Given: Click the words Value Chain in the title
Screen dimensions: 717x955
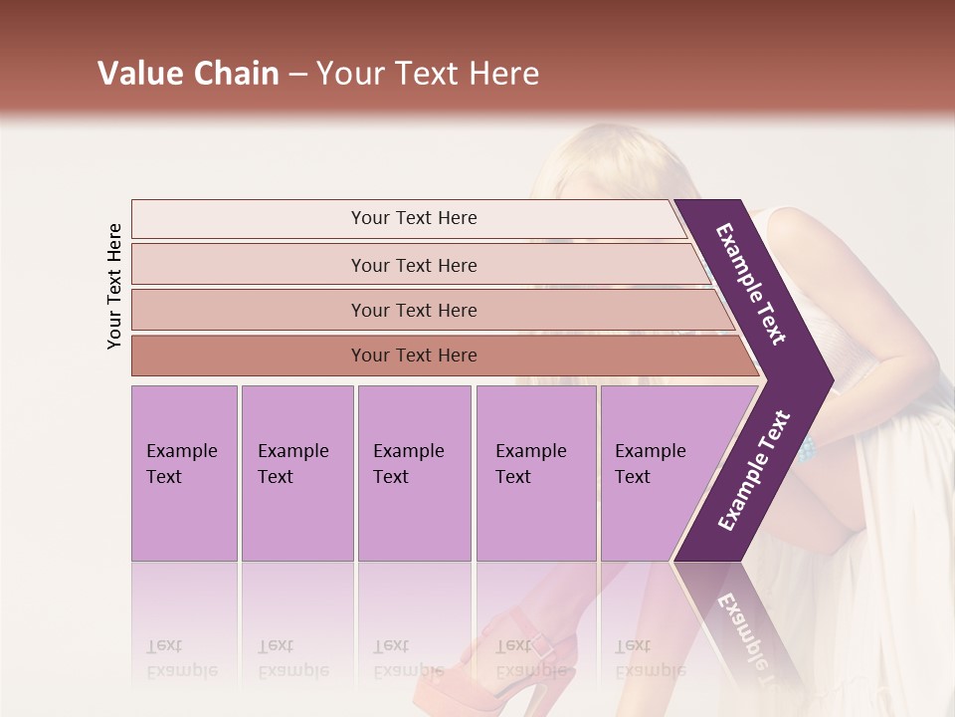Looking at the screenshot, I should coord(188,74).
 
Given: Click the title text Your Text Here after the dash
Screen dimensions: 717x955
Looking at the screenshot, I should coord(428,74).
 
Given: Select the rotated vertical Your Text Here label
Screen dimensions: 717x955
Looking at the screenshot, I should coord(114,286).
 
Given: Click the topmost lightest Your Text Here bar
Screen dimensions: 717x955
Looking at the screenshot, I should coord(414,218).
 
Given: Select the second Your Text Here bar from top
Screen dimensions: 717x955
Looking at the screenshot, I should coord(414,265).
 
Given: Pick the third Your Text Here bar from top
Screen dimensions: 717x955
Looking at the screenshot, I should coord(414,310).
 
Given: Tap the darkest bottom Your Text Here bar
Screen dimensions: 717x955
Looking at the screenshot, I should coord(414,356).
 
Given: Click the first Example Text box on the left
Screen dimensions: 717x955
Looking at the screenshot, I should coord(184,473).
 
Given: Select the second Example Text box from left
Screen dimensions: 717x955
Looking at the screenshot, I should coord(296,473).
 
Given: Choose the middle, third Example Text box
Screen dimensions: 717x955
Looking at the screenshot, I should coord(413,473).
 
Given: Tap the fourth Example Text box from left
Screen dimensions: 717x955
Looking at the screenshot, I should coord(535,473).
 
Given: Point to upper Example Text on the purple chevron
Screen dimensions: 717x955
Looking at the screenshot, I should coord(752,284).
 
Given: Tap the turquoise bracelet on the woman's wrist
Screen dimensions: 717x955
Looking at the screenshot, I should coord(806,449).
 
